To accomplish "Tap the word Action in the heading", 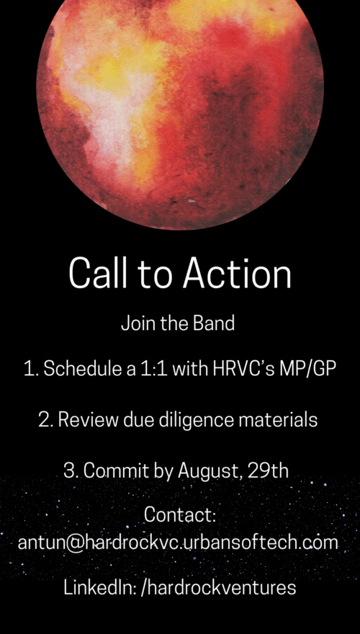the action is click(237, 272).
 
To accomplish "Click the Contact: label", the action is click(180, 516).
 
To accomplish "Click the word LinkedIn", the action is click(99, 587).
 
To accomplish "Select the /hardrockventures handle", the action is click(218, 588).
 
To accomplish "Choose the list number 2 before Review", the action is click(44, 421).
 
